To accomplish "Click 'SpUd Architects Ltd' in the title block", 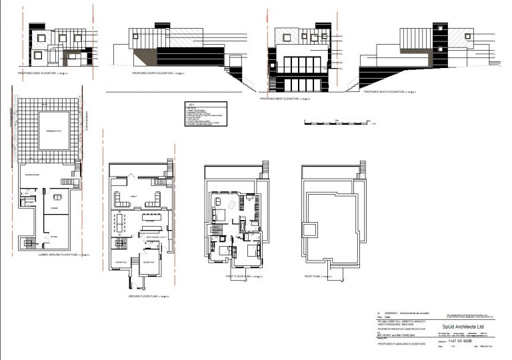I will (458, 325).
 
